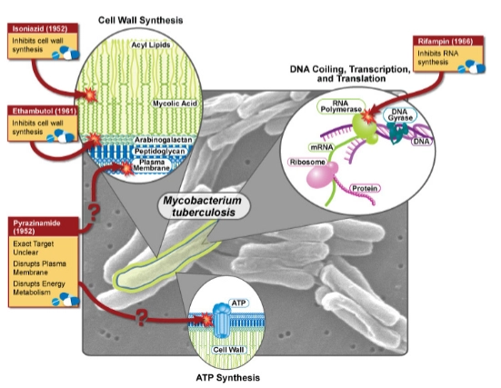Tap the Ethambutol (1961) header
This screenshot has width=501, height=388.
click(x=43, y=111)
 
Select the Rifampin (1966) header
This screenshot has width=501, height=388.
click(x=448, y=41)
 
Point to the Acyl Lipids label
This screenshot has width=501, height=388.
click(x=151, y=45)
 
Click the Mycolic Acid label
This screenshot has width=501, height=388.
click(x=175, y=104)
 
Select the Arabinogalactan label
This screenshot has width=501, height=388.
click(x=163, y=140)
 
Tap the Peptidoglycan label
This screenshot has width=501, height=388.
click(x=160, y=151)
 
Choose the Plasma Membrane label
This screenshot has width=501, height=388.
click(x=152, y=165)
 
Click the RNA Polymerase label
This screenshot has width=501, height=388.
click(x=341, y=106)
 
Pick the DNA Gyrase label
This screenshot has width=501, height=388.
click(x=400, y=114)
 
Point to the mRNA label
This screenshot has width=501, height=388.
click(x=322, y=147)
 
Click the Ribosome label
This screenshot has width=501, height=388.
click(x=307, y=163)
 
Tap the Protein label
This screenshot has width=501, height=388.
click(x=365, y=188)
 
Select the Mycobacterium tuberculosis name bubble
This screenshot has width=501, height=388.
click(x=203, y=206)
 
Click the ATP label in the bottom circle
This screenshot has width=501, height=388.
click(x=238, y=303)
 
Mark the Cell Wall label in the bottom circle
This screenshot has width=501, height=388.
click(x=228, y=350)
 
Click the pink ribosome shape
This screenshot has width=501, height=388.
click(x=321, y=175)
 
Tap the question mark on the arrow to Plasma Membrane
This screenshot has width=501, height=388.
click(x=94, y=213)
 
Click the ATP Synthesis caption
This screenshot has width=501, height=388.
click(x=228, y=378)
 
